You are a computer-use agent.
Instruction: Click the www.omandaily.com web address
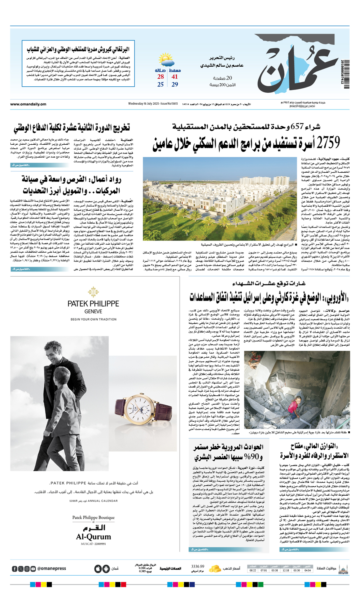28,104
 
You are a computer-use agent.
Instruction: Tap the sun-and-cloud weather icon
166,61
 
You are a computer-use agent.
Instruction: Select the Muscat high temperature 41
175,77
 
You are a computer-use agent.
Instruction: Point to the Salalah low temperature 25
160,84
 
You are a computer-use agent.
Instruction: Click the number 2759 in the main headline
327,142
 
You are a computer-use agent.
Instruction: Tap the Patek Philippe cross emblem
93,291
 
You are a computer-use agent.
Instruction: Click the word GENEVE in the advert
93,311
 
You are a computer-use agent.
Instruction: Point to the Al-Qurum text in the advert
93,536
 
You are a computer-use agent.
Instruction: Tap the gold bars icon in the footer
215,568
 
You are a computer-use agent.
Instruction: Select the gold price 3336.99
198,566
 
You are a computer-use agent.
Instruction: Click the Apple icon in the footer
98,568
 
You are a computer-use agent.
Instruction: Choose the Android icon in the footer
106,568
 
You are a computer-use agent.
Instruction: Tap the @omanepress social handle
52,568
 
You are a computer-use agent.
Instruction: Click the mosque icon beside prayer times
343,568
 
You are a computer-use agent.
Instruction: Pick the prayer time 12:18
286,570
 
